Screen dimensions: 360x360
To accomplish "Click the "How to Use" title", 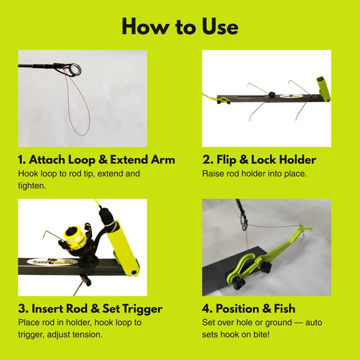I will pos(180,27).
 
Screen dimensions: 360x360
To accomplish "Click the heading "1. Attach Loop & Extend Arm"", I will pos(96,160).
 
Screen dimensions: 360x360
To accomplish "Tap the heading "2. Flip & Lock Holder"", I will pos(259,160).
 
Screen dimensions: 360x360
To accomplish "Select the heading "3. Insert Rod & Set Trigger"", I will pos(90,309).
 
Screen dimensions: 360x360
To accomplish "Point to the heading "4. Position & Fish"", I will pos(249,309).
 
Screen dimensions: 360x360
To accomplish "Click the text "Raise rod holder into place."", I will pos(254,173).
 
